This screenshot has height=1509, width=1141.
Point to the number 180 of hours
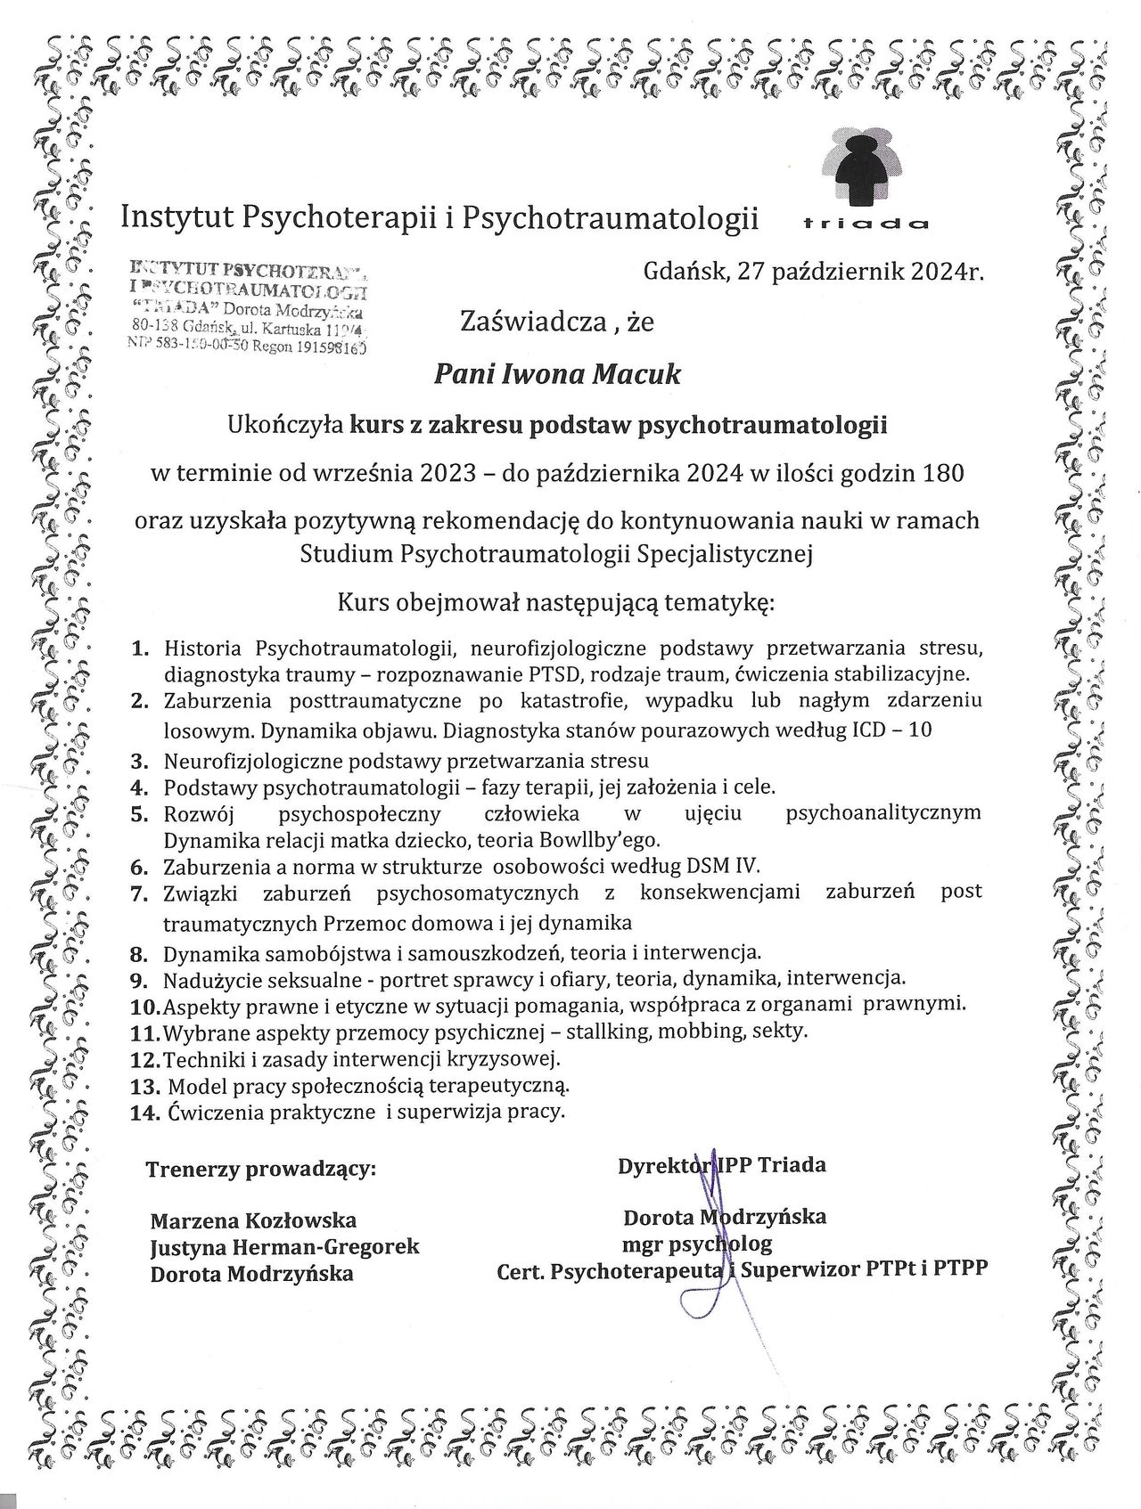pyautogui.click(x=944, y=473)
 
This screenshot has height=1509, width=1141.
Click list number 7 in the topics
pyautogui.click(x=138, y=893)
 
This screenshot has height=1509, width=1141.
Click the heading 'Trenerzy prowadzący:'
pyautogui.click(x=261, y=1169)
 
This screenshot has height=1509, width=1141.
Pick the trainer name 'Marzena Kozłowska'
pyautogui.click(x=254, y=1220)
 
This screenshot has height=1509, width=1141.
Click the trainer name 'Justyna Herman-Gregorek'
pyautogui.click(x=284, y=1247)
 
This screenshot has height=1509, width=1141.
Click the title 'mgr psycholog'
pyautogui.click(x=697, y=1243)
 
